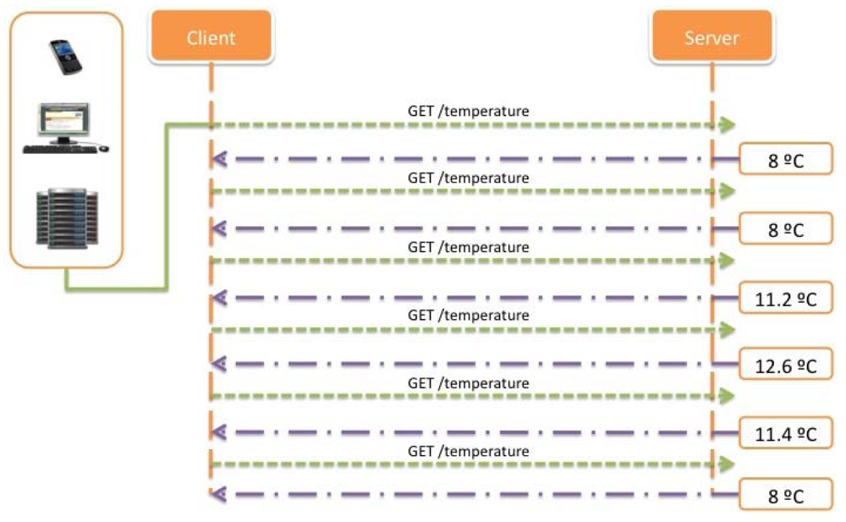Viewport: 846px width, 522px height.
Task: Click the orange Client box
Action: [211, 37]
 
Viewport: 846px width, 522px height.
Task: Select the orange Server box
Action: [711, 37]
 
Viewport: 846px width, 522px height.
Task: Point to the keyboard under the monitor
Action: [58, 149]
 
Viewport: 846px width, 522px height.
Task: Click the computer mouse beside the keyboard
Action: [103, 148]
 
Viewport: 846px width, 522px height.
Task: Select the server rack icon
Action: [67, 217]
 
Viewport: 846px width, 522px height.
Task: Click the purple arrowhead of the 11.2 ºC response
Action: [218, 297]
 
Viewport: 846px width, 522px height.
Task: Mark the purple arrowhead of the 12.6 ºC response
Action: [218, 364]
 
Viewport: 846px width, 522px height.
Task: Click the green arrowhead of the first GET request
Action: [725, 125]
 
